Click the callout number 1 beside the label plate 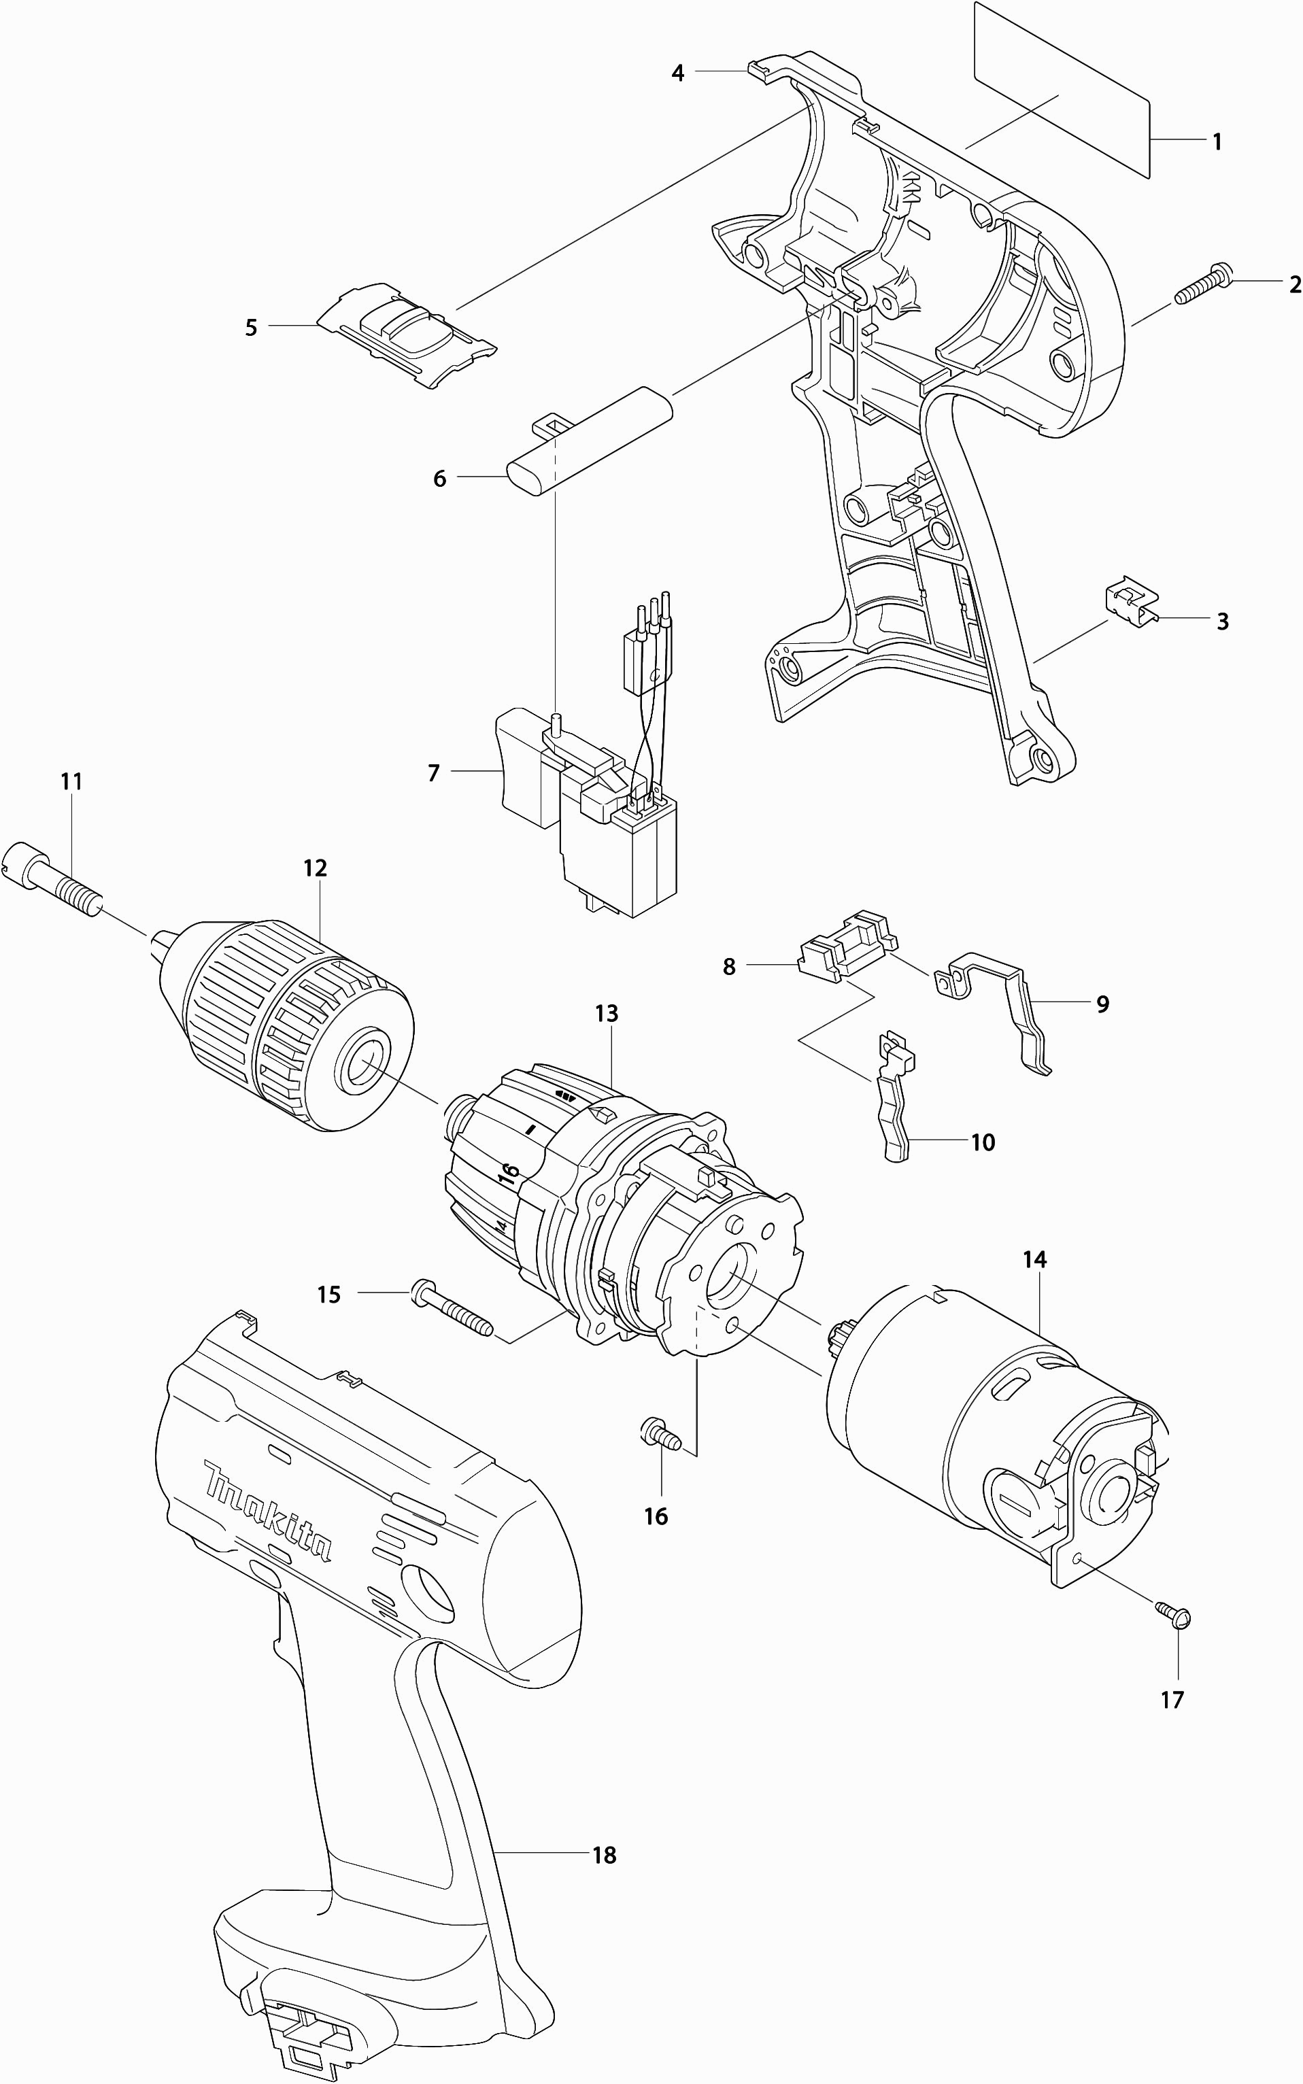(1217, 141)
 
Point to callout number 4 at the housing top (678, 74)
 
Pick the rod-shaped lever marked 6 (590, 441)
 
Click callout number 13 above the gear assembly (607, 1014)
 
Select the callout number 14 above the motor (1034, 1259)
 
